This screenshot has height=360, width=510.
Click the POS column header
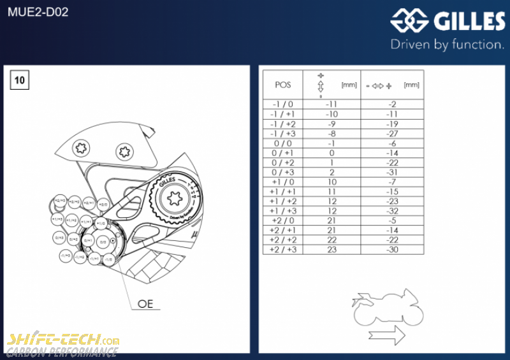pos(282,85)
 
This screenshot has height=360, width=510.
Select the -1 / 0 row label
pos(282,104)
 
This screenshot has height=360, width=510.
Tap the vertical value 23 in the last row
pos(331,250)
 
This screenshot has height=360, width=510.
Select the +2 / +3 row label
pos(282,250)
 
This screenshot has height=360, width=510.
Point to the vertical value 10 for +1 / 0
pos(331,182)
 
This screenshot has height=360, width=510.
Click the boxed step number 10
pos(20,80)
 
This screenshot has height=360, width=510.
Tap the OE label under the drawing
pos(146,304)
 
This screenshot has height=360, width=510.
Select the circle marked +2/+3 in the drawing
pos(59,201)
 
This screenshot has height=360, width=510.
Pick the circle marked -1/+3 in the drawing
pos(65,256)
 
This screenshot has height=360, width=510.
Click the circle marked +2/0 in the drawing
pos(104,205)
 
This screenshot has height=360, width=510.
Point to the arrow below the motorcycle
pos(387,335)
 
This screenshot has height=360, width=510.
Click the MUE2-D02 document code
pos(38,12)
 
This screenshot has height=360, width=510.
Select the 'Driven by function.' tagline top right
pos(447,45)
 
